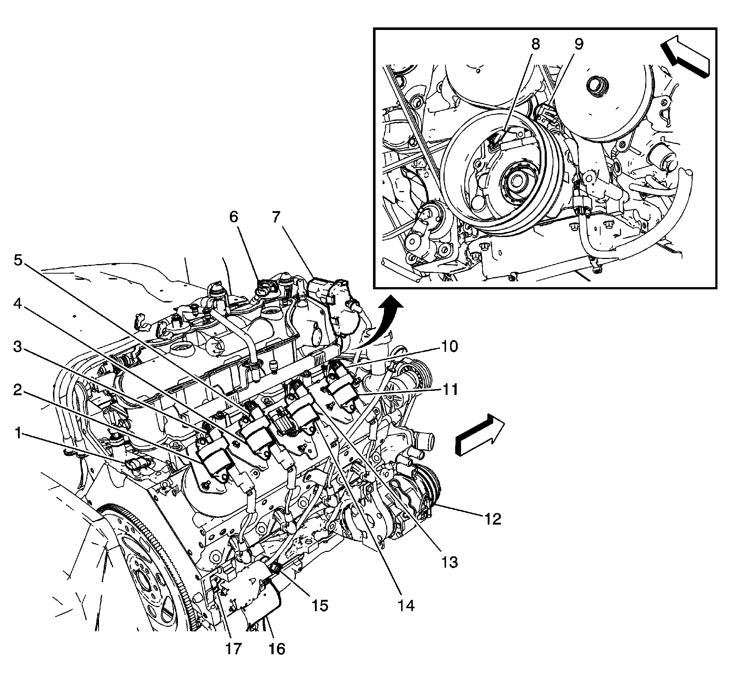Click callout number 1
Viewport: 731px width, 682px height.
(x=18, y=434)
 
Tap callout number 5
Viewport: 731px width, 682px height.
(x=18, y=260)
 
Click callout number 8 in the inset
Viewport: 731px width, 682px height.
(x=536, y=44)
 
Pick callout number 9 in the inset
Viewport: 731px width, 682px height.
(x=579, y=44)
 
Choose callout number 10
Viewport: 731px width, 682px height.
(x=449, y=346)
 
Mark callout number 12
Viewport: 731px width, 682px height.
(x=492, y=519)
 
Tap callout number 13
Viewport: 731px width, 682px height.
(x=449, y=562)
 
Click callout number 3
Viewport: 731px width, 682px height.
(x=18, y=347)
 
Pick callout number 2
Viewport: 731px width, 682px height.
(x=18, y=390)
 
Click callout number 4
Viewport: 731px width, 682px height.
(x=18, y=304)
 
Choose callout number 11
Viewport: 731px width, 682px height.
(x=449, y=390)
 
